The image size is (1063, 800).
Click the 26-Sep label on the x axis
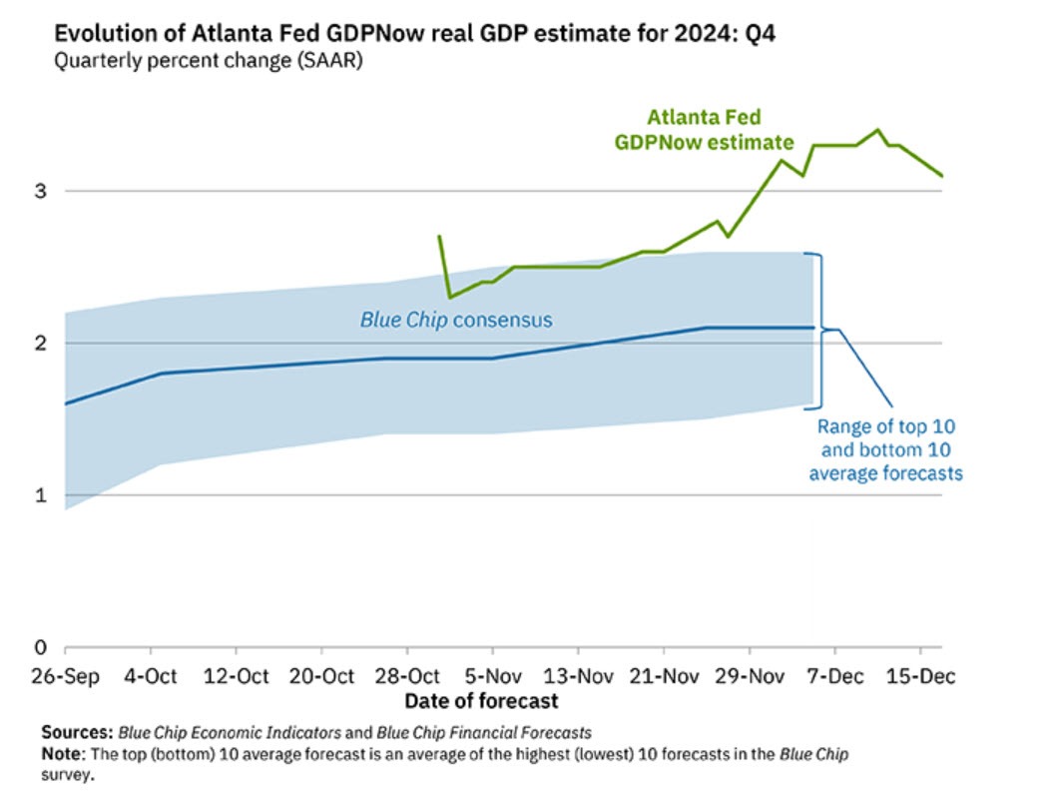(65, 676)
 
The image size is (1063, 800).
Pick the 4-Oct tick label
(151, 676)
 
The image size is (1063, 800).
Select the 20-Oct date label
(322, 676)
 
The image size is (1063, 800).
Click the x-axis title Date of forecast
(481, 700)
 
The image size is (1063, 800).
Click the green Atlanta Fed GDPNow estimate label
(704, 130)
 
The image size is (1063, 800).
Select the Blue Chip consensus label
(456, 321)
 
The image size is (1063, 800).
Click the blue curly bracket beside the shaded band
(820, 330)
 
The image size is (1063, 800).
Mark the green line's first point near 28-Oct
(439, 237)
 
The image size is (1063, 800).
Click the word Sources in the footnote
(77, 732)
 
